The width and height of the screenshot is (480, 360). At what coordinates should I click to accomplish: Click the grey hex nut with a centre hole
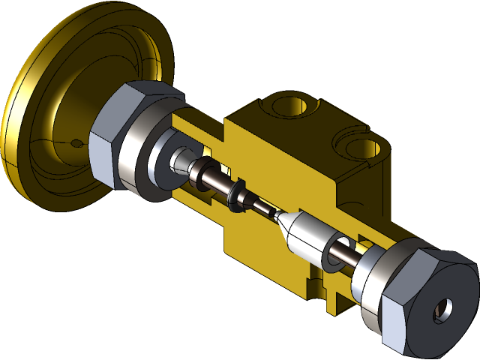(x=424, y=304)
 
